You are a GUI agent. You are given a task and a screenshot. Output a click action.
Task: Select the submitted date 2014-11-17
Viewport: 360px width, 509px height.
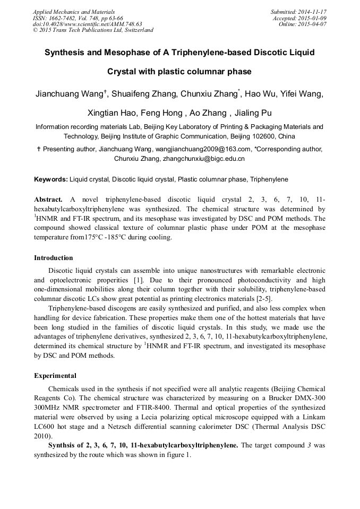click(313, 12)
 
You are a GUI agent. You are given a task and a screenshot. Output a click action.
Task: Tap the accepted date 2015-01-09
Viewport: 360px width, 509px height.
click(313, 18)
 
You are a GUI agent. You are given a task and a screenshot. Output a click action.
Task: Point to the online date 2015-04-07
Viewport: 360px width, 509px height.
click(313, 24)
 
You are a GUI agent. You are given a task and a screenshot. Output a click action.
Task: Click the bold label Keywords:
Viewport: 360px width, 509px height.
click(51, 179)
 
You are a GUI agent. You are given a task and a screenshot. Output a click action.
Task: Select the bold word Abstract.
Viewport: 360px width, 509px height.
click(48, 200)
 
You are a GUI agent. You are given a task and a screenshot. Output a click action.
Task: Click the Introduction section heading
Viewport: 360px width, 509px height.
click(54, 258)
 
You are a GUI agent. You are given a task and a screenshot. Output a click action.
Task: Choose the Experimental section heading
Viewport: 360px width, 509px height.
click(55, 375)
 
